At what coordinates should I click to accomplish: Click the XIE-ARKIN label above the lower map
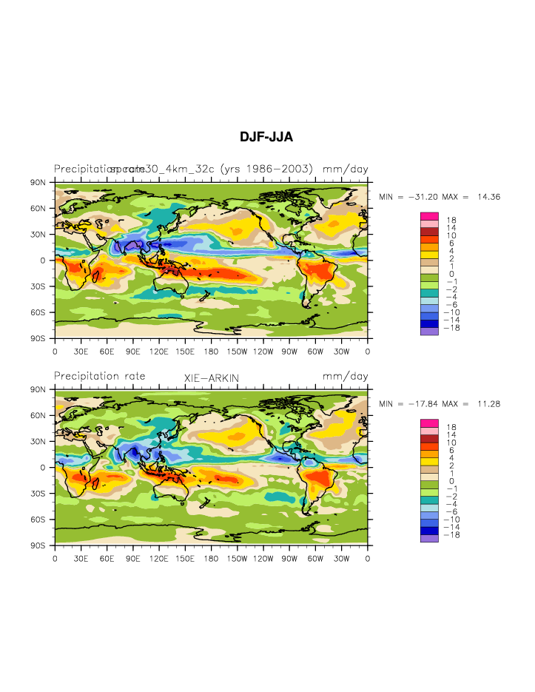pyautogui.click(x=212, y=378)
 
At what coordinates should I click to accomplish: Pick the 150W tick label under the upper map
pyautogui.click(x=238, y=352)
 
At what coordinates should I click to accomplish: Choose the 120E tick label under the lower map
pyautogui.click(x=159, y=559)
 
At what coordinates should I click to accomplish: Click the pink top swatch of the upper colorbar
pyautogui.click(x=429, y=216)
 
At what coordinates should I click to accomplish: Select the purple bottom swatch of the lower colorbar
pyautogui.click(x=429, y=538)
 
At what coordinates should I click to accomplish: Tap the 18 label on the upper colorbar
pyautogui.click(x=451, y=221)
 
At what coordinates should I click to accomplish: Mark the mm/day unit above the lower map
pyautogui.click(x=345, y=377)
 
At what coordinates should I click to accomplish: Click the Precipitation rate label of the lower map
pyautogui.click(x=99, y=377)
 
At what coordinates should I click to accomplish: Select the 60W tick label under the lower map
pyautogui.click(x=316, y=559)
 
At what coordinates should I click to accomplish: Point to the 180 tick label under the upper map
pyautogui.click(x=212, y=352)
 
